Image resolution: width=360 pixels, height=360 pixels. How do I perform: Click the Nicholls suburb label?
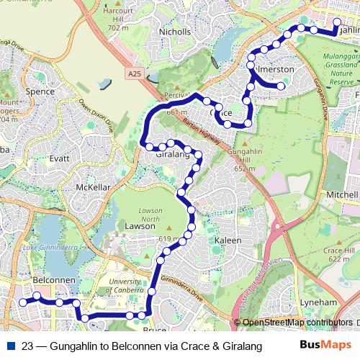pos(175,32)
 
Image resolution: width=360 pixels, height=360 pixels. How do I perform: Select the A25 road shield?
pos(134,73)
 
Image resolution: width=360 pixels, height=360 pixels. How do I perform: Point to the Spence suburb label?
pos(40,91)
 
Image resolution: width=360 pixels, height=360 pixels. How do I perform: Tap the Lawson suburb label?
pos(140,225)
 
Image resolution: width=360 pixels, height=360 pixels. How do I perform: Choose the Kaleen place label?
pos(228,240)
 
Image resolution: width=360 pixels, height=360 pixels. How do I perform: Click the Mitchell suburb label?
pos(341,195)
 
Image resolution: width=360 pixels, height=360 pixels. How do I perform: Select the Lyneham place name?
pos(318,302)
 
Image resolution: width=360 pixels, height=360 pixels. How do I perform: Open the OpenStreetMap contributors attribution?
pos(297,322)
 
